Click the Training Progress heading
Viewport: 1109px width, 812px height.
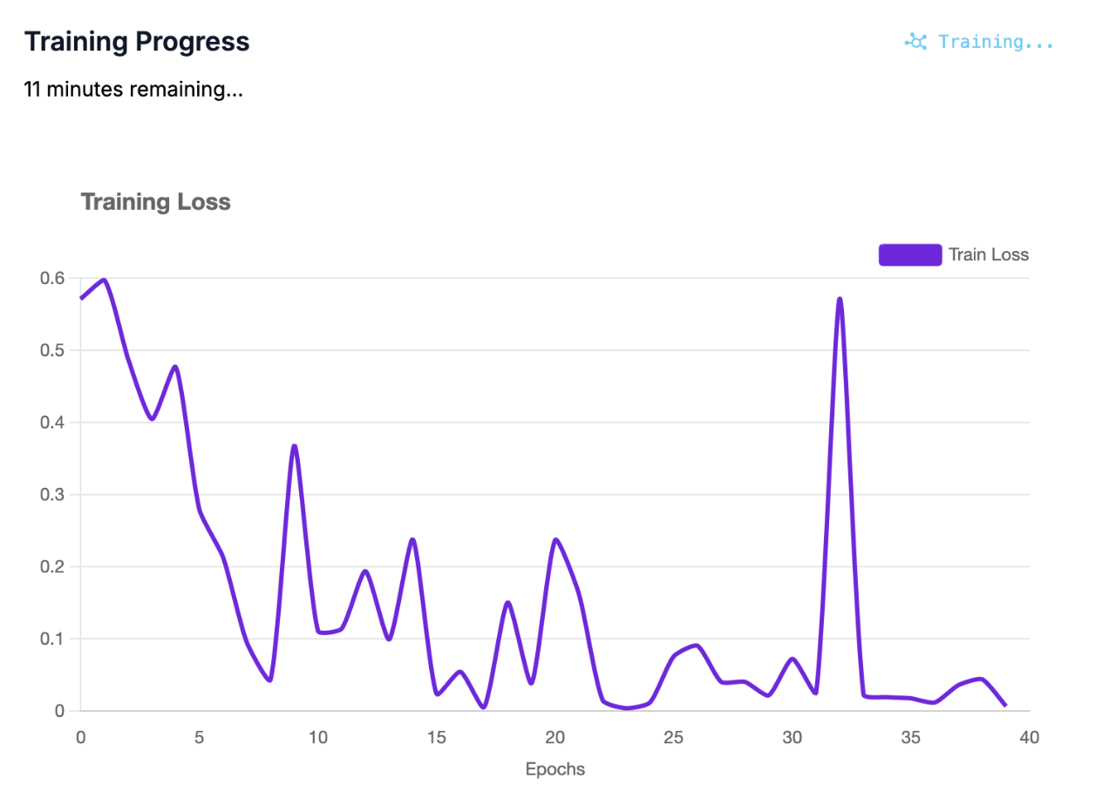(137, 42)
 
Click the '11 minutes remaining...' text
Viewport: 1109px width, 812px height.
(133, 89)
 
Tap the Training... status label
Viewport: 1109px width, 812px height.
(996, 42)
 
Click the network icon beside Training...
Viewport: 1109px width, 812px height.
(915, 42)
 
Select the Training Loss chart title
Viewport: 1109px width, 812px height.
(155, 202)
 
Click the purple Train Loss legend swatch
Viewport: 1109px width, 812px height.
(909, 254)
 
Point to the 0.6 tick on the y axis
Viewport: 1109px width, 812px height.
(52, 278)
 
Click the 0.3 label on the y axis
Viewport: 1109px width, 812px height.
(52, 494)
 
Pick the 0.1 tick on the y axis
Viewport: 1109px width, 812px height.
(52, 639)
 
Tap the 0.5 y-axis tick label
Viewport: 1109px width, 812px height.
(52, 350)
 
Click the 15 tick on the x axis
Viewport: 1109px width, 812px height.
(436, 738)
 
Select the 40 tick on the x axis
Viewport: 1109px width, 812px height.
(1029, 738)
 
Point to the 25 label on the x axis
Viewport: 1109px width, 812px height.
(673, 738)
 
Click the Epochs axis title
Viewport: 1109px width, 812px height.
(554, 769)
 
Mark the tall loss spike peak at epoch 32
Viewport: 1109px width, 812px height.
(840, 299)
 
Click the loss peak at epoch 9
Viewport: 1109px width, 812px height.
(295, 446)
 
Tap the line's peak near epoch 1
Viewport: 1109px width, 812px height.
(104, 280)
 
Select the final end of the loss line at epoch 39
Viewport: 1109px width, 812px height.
(1005, 705)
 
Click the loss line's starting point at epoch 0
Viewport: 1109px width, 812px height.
(81, 298)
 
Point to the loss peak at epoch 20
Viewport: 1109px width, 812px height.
(555, 540)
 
